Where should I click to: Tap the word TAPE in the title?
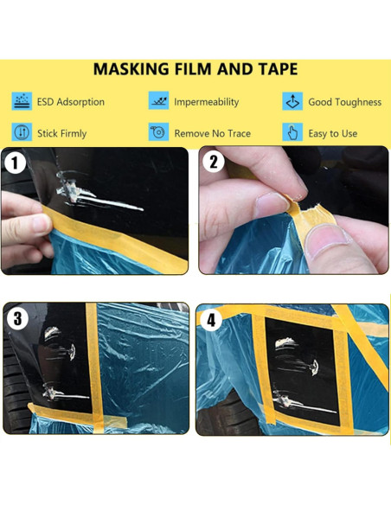click(x=278, y=69)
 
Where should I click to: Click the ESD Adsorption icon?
click(x=22, y=101)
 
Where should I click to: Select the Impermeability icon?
click(x=158, y=100)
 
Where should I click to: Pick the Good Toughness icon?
click(x=292, y=101)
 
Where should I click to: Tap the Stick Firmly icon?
click(x=22, y=132)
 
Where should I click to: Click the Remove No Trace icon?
click(x=158, y=131)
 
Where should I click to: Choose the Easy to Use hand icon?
click(x=292, y=132)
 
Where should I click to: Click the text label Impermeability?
click(x=207, y=102)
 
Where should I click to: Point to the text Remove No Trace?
click(x=213, y=133)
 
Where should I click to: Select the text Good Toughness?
click(x=345, y=102)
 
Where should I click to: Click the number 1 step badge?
click(x=15, y=163)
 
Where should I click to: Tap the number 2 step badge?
click(x=213, y=162)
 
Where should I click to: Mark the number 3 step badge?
click(x=17, y=319)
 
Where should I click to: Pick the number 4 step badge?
click(x=211, y=321)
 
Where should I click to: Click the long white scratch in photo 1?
click(x=111, y=202)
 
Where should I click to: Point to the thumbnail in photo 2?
click(x=325, y=241)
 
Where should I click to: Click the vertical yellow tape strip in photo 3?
click(x=95, y=368)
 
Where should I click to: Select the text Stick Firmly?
click(x=61, y=134)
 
